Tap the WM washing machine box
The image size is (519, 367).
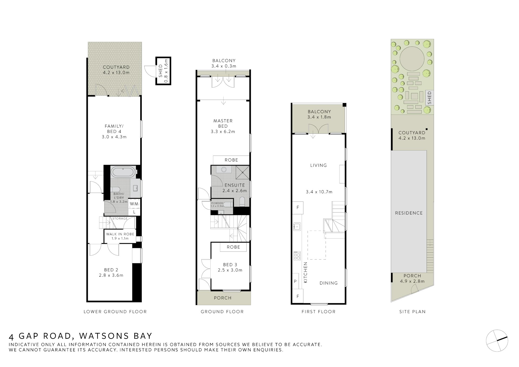134,204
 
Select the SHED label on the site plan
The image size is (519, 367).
430,98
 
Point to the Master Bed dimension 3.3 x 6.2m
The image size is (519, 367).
223,132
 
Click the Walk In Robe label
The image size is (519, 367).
120,234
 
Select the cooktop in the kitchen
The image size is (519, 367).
297,256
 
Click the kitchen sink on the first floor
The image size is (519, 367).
297,226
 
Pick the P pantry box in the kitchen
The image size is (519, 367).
295,281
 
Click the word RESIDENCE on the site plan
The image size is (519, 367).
409,213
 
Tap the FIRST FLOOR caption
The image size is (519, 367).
318,312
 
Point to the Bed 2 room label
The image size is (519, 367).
111,270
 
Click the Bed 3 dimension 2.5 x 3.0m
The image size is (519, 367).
230,270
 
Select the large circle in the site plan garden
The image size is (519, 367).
412,59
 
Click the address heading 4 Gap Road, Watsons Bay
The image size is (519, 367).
81,336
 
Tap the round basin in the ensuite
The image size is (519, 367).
224,170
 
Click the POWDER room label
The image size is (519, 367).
217,203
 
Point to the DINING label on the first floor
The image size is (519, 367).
328,283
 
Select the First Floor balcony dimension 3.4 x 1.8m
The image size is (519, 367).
319,117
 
